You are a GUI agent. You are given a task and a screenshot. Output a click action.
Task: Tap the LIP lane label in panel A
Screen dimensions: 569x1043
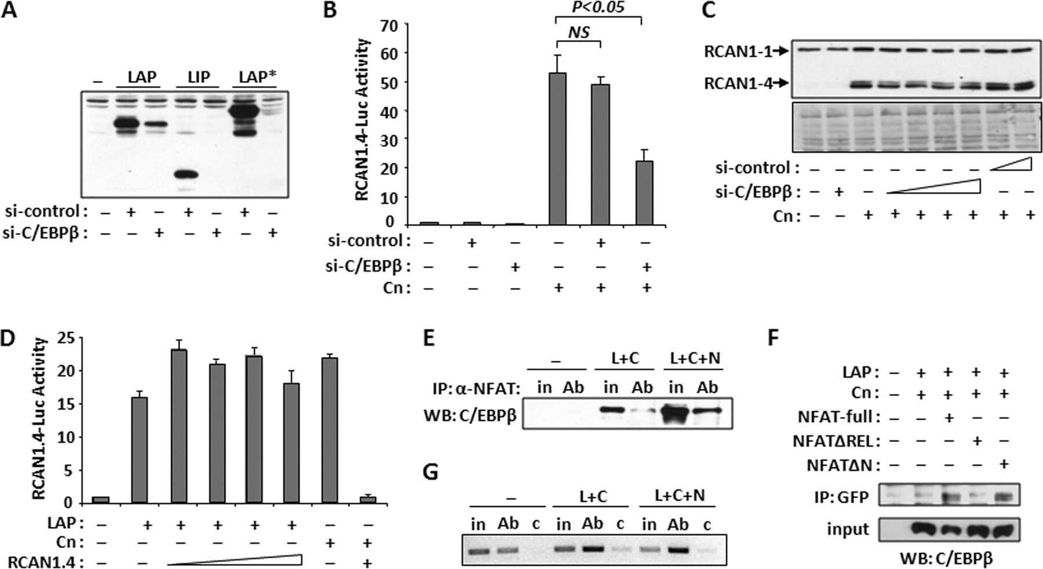coord(198,76)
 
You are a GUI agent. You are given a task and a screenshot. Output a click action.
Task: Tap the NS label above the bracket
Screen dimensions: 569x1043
coord(578,32)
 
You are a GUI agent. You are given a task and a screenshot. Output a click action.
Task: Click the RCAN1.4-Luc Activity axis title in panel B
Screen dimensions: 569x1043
coord(363,119)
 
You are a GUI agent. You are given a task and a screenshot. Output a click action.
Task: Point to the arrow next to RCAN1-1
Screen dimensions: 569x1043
coord(781,52)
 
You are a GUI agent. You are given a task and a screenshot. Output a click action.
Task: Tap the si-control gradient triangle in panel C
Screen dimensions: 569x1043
coord(1011,165)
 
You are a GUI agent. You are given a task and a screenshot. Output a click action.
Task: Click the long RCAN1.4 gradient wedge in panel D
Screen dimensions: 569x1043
coord(235,560)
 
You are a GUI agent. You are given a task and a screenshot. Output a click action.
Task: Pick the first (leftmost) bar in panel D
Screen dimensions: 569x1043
coord(101,499)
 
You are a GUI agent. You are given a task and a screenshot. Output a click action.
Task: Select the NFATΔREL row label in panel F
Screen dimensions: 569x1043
coord(832,441)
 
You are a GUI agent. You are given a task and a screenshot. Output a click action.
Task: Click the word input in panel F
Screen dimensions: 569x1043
coord(848,529)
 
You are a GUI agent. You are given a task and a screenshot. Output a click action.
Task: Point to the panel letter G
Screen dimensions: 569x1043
coord(431,472)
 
